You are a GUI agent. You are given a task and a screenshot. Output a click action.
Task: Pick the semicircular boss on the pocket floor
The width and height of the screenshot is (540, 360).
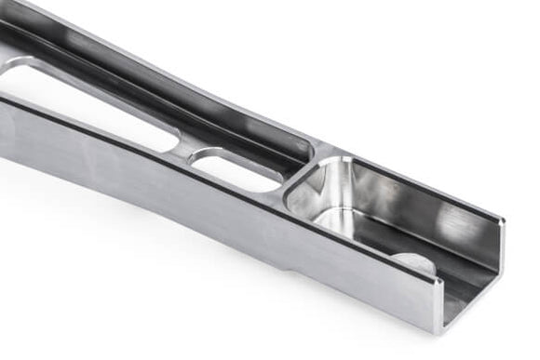[413, 262]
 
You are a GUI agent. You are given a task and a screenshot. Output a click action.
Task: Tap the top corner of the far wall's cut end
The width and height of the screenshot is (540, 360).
[504, 221]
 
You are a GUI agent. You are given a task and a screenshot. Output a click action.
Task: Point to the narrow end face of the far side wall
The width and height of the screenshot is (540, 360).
[502, 247]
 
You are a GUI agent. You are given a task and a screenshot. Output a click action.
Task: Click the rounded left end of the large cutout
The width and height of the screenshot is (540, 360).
[13, 70]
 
